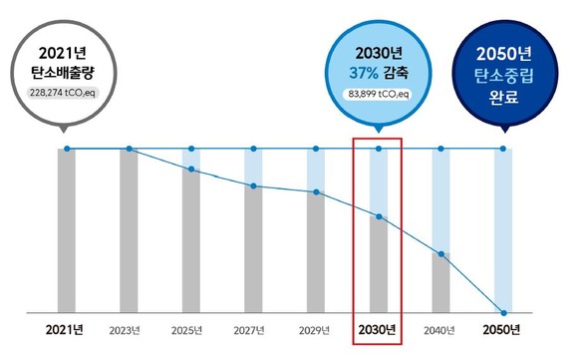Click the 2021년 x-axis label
coord(66,328)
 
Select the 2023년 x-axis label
coord(129,328)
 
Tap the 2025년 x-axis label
coord(190,328)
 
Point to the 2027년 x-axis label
coord(253,328)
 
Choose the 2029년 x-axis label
coord(316,328)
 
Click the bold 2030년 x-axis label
coord(378,328)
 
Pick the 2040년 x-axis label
coord(440,328)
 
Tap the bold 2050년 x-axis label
coord(503,328)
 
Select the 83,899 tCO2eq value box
coord(378,94)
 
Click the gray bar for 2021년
coord(66,229)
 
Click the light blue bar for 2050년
coord(503,229)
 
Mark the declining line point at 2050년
coord(503,311)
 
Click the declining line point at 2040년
coord(440,254)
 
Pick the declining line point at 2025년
coord(190,171)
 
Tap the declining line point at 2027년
coord(253,185)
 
